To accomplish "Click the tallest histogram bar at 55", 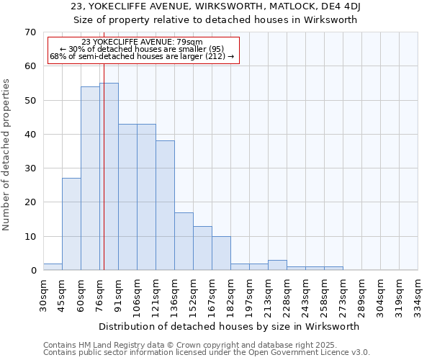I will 109,176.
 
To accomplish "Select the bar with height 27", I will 71,224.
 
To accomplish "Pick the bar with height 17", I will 184,241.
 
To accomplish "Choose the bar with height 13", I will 202,248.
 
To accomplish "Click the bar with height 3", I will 277,265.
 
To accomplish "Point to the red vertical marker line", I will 104,144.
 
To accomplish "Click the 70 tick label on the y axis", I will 30,32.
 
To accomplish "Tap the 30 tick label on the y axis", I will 30,168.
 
